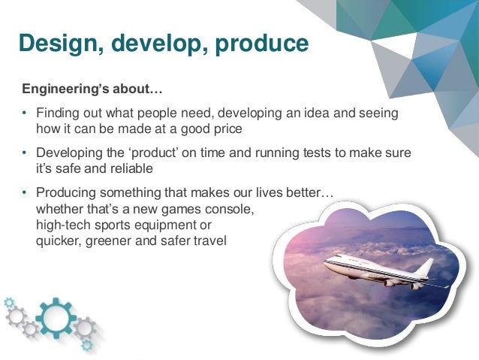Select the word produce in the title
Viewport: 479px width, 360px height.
pos(262,44)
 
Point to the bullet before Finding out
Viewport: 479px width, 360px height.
pos(24,113)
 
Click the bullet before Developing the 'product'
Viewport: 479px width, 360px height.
pos(24,153)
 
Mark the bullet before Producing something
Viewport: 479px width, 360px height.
pos(24,192)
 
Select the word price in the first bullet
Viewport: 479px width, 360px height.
pos(228,129)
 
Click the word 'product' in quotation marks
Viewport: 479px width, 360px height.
pos(153,153)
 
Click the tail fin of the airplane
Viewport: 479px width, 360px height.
pos(425,266)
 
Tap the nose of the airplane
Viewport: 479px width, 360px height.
pos(326,263)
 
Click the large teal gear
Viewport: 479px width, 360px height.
pos(56,318)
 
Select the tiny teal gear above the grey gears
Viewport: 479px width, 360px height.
pos(9,302)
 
